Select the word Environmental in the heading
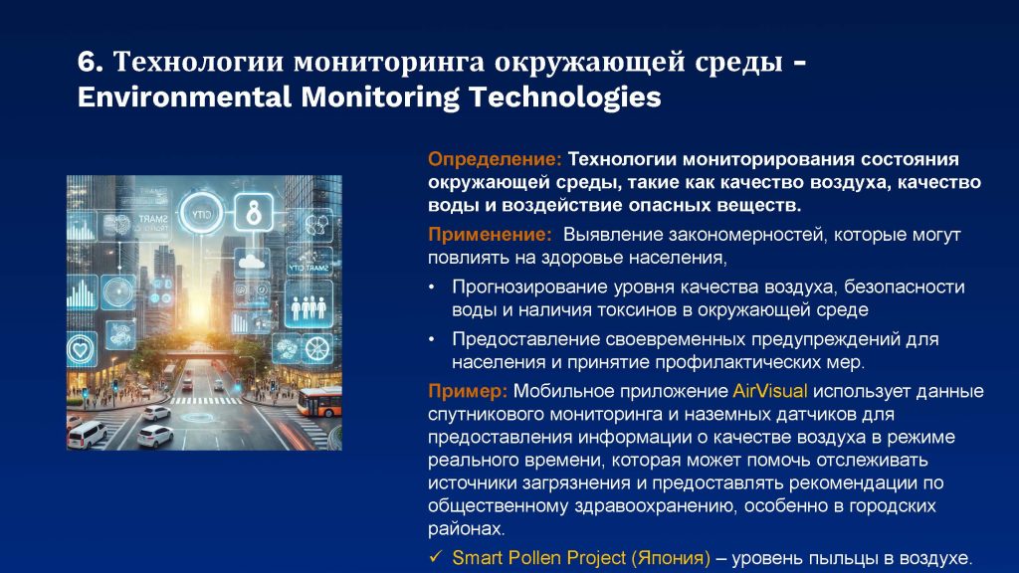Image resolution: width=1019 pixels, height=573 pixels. (184, 97)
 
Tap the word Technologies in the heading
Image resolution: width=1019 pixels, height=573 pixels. (565, 97)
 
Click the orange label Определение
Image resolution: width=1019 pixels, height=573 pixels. (495, 160)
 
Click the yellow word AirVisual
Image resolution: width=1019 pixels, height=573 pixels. (769, 391)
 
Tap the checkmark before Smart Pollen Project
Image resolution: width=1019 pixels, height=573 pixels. (436, 557)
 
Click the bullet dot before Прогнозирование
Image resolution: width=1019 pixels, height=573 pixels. (432, 287)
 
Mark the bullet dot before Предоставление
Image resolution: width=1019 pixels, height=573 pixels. (432, 339)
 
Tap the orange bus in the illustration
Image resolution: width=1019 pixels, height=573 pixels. (319, 402)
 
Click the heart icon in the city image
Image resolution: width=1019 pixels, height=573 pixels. (82, 350)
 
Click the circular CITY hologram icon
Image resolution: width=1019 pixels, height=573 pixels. (201, 213)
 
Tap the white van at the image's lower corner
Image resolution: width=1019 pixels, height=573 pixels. (86, 435)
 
